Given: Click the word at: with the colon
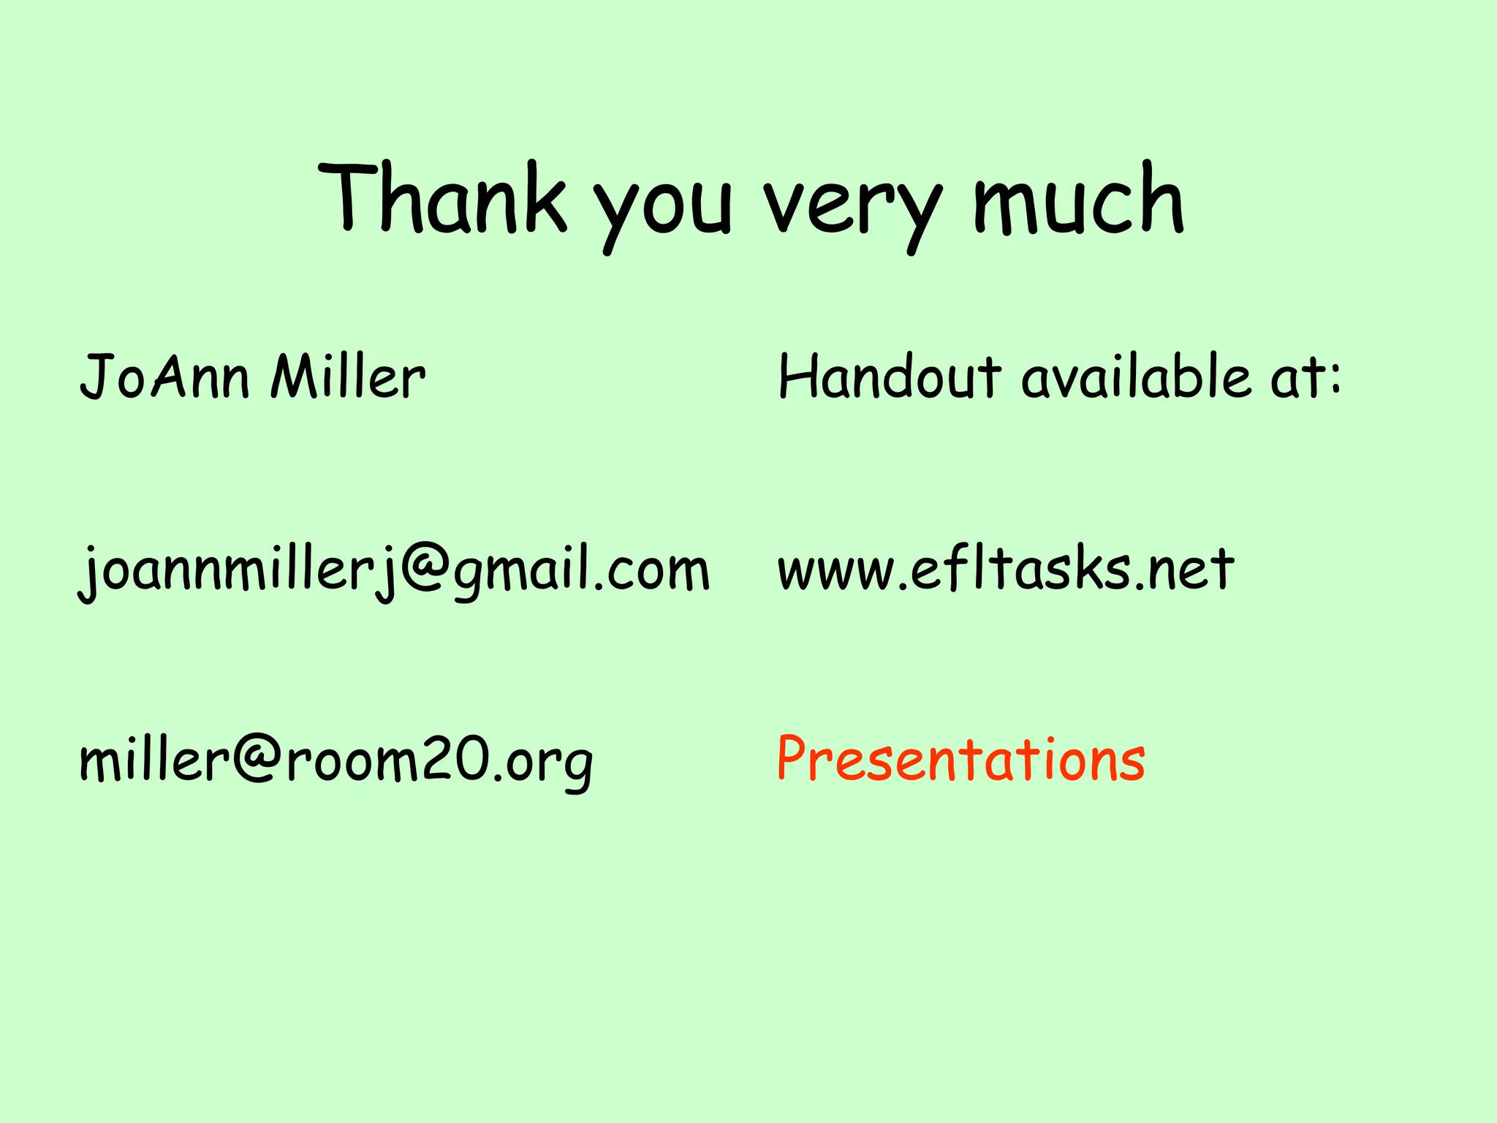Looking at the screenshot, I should [1305, 378].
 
